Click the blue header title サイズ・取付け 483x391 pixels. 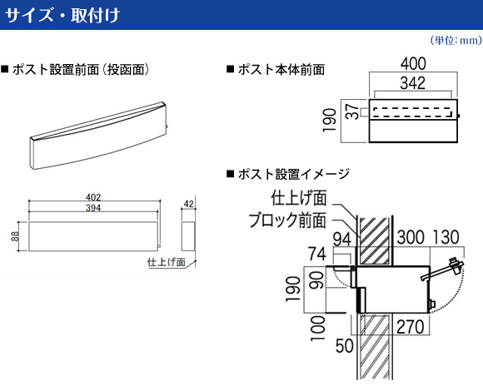pyautogui.click(x=62, y=15)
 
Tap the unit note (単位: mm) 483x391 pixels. pyautogui.click(x=456, y=40)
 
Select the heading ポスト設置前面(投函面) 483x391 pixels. pyautogui.click(x=76, y=70)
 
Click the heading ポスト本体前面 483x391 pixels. pyautogui.click(x=276, y=70)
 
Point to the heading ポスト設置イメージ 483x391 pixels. pyautogui.click(x=288, y=174)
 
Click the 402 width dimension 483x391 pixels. pyautogui.click(x=93, y=197)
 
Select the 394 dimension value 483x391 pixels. pyautogui.click(x=93, y=208)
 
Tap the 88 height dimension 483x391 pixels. pyautogui.click(x=14, y=236)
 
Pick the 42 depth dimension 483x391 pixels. pyautogui.click(x=188, y=204)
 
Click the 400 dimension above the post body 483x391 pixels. pyautogui.click(x=413, y=63)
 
